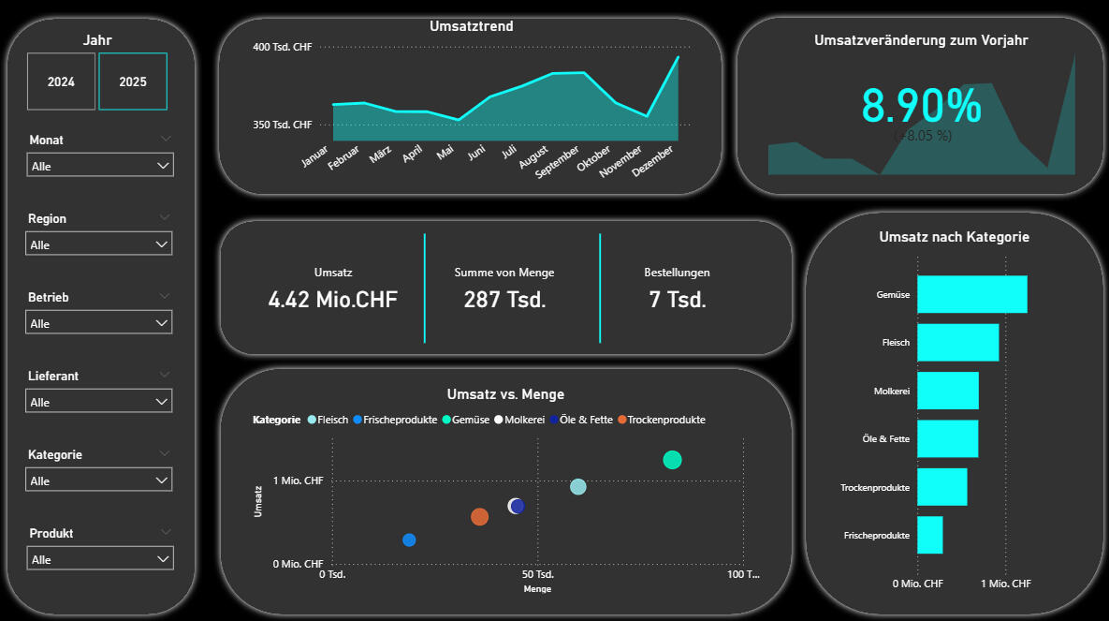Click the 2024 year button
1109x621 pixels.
[x=61, y=81]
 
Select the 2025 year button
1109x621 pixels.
[x=133, y=81]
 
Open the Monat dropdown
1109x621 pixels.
[x=99, y=166]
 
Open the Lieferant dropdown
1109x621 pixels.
[x=99, y=402]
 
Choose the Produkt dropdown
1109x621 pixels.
[x=99, y=559]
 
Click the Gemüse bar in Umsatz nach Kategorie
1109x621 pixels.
[x=971, y=294]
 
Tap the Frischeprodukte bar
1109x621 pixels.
[x=929, y=535]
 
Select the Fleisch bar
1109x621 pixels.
[x=957, y=343]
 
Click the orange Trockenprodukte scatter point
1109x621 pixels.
[x=479, y=517]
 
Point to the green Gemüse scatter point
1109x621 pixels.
[x=672, y=460]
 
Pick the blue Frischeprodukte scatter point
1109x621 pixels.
[x=409, y=540]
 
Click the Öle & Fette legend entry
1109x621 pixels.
[x=589, y=420]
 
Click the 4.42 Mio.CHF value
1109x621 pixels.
[x=333, y=300]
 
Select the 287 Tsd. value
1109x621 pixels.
[x=504, y=300]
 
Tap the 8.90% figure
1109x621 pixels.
[x=921, y=106]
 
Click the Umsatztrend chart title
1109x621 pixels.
[x=471, y=26]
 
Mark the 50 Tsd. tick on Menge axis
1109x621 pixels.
[x=538, y=574]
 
